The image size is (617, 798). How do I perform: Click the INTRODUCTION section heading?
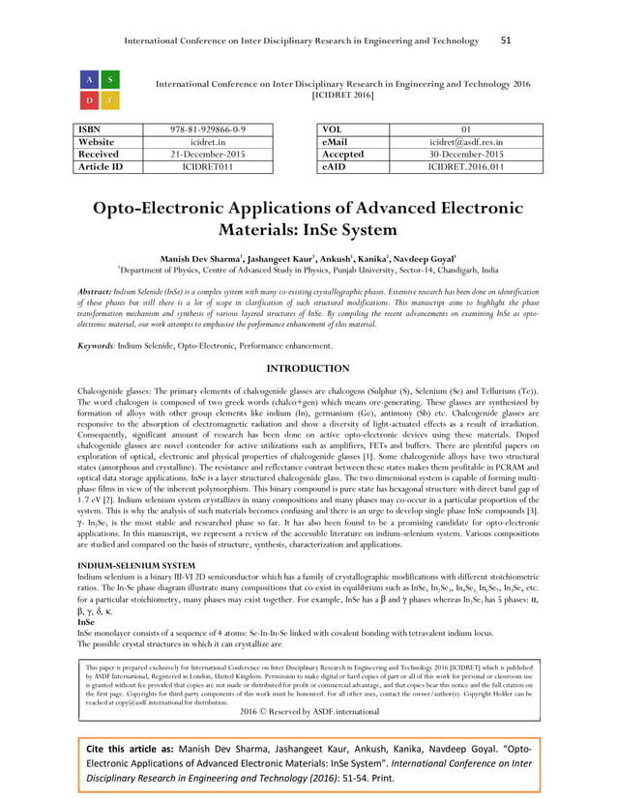308,369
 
